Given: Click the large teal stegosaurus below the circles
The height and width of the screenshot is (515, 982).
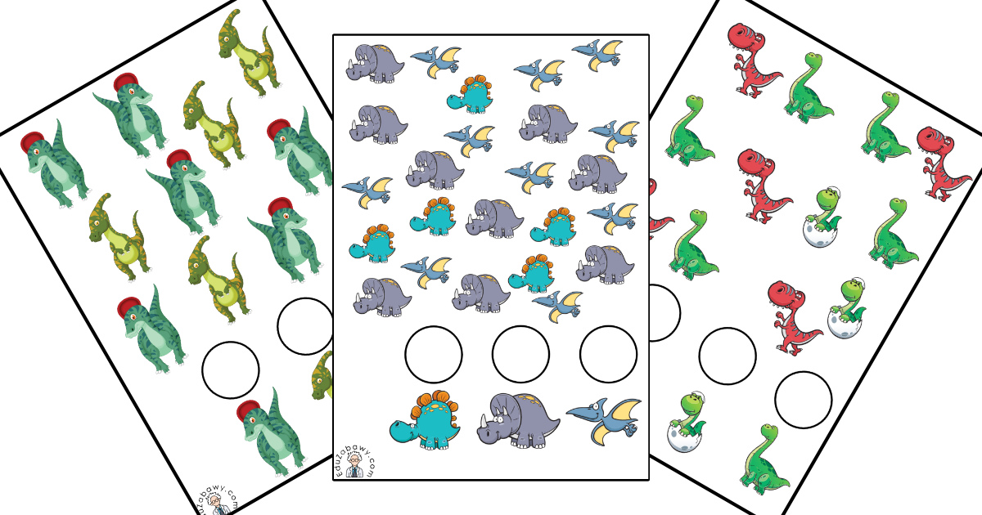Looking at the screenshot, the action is click(x=425, y=420).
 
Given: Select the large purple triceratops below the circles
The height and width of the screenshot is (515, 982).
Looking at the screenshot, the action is click(x=518, y=421).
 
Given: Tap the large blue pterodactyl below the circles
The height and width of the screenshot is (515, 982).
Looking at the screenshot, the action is click(x=604, y=421).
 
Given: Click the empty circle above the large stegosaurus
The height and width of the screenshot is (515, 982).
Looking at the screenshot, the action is click(x=434, y=354).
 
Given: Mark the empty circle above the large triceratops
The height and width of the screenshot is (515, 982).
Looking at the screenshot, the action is click(x=520, y=354).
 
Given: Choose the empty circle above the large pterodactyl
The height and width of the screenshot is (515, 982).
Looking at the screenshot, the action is click(x=609, y=354).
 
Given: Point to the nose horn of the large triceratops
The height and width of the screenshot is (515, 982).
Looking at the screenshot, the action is click(x=483, y=421).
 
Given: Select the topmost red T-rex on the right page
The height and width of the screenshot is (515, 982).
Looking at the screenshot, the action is click(x=753, y=60).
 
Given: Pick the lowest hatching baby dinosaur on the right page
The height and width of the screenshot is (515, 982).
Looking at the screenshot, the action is click(x=686, y=422).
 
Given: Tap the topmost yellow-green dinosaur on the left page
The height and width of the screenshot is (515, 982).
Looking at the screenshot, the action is click(x=249, y=52).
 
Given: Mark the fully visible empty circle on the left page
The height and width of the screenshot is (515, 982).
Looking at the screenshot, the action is click(x=231, y=370).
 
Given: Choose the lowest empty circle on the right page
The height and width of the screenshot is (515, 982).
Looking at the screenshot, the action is click(x=803, y=400).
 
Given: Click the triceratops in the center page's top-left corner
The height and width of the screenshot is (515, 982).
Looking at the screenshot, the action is click(x=375, y=64).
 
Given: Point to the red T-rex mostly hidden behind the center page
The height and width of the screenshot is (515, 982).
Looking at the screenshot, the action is click(x=660, y=210).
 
